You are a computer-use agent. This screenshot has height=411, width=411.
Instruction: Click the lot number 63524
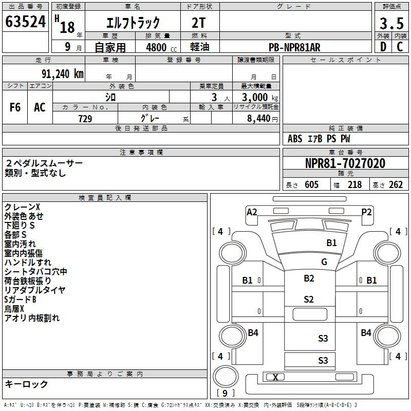(25, 22)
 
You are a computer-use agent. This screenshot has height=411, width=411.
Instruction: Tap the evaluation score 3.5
(391, 23)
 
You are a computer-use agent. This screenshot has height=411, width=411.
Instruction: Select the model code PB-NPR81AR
(294, 47)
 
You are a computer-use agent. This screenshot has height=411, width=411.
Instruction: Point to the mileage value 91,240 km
(63, 74)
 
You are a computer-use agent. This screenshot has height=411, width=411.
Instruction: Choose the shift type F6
(15, 107)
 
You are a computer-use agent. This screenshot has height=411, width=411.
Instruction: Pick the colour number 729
(85, 119)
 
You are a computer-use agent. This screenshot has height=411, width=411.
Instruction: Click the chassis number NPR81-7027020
(345, 163)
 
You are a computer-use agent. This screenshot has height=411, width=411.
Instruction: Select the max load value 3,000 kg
(259, 98)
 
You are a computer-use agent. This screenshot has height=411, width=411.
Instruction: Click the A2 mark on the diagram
(252, 212)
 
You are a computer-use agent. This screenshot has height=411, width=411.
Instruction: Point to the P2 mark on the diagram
(366, 212)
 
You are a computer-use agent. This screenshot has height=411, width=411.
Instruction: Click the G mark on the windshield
(324, 261)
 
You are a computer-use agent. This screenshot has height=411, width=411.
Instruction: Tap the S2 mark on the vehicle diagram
(309, 300)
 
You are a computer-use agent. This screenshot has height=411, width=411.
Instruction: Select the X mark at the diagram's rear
(275, 377)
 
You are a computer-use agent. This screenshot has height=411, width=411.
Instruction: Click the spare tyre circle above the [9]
(226, 377)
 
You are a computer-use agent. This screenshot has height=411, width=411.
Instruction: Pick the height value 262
(396, 184)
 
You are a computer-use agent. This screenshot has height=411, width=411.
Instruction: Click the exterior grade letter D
(383, 47)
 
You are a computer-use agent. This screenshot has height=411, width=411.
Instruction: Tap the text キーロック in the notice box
(26, 384)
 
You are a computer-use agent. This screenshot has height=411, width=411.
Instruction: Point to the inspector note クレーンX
(22, 207)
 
